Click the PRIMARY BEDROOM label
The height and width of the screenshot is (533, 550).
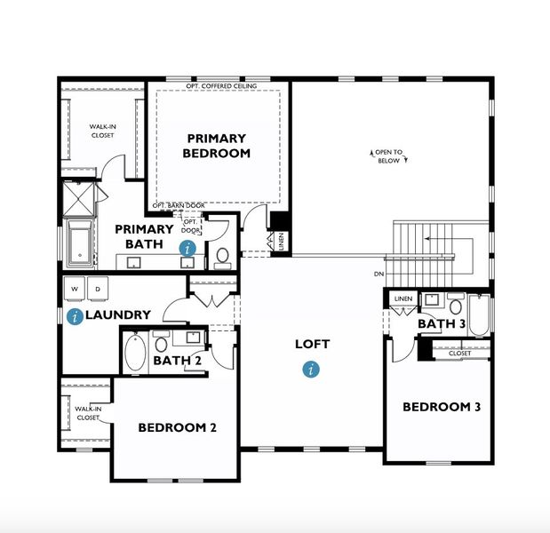click(x=216, y=146)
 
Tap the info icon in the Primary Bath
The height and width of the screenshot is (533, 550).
click(x=187, y=249)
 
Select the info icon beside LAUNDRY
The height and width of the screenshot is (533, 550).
click(x=76, y=315)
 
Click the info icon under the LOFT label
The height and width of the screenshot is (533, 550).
click(x=310, y=369)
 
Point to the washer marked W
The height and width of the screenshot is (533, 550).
click(x=75, y=289)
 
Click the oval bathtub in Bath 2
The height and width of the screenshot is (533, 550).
click(x=135, y=353)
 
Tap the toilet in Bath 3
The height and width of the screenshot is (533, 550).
click(x=455, y=306)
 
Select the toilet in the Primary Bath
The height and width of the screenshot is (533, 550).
click(x=222, y=258)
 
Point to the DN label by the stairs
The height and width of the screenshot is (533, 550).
click(x=379, y=273)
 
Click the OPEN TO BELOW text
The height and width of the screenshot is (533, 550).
click(x=387, y=156)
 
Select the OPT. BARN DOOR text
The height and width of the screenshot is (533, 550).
click(x=179, y=205)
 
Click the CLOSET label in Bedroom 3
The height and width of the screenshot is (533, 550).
click(x=459, y=353)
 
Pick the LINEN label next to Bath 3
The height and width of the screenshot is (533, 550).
click(x=403, y=298)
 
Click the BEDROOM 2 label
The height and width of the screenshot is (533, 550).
click(x=177, y=427)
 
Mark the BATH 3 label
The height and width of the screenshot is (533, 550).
click(x=442, y=324)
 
